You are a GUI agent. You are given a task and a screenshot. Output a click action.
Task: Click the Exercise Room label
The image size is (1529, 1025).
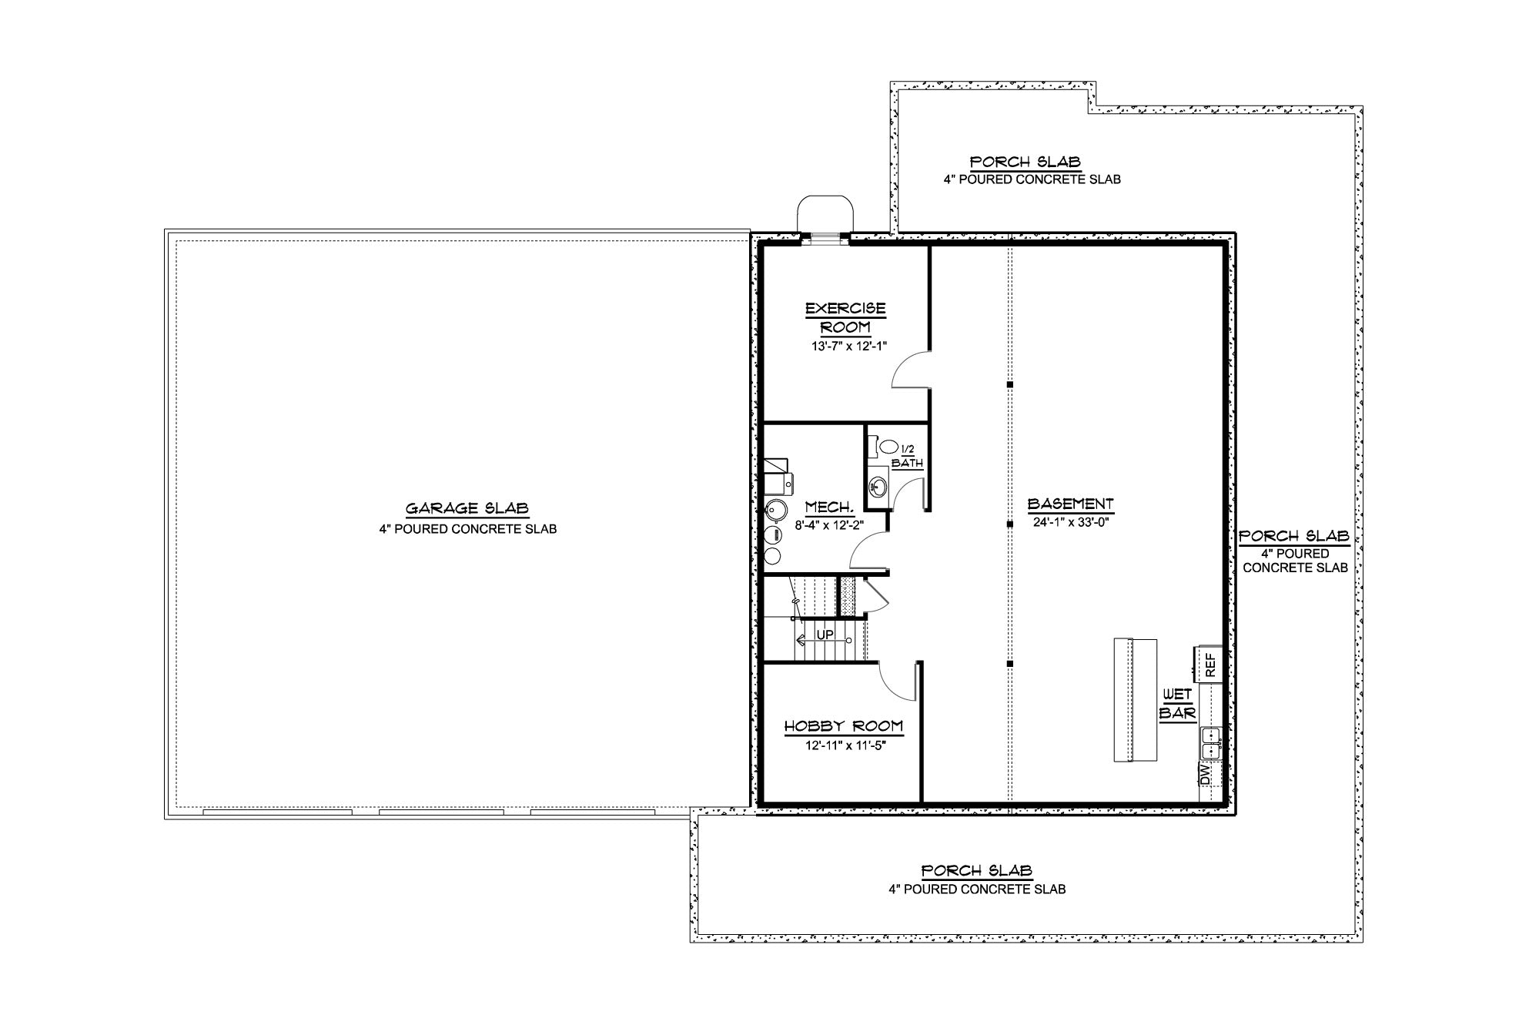pyautogui.click(x=845, y=317)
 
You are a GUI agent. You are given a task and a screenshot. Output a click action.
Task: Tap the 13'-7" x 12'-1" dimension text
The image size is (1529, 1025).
pyautogui.click(x=848, y=346)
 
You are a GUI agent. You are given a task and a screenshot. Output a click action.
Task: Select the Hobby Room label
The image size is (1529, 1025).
pyautogui.click(x=843, y=726)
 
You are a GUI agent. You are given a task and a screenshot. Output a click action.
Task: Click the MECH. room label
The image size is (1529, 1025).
pyautogui.click(x=829, y=507)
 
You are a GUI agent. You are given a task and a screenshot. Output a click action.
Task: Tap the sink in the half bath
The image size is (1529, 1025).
pyautogui.click(x=878, y=487)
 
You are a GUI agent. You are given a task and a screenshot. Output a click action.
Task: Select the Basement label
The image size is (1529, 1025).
pyautogui.click(x=1070, y=504)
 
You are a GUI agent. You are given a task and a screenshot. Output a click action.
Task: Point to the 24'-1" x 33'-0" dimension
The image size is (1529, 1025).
pyautogui.click(x=1070, y=521)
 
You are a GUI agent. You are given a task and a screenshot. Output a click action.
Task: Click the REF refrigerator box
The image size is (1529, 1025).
pyautogui.click(x=1207, y=664)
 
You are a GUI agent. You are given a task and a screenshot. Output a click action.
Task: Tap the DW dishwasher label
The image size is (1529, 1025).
pyautogui.click(x=1206, y=774)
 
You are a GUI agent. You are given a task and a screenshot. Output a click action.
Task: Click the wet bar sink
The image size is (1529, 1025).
pyautogui.click(x=1210, y=742)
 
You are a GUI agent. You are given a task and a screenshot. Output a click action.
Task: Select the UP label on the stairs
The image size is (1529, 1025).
pyautogui.click(x=825, y=635)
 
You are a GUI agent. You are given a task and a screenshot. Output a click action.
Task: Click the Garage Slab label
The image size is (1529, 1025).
pyautogui.click(x=467, y=508)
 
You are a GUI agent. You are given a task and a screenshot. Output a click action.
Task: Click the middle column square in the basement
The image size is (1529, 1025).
pyautogui.click(x=1010, y=524)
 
